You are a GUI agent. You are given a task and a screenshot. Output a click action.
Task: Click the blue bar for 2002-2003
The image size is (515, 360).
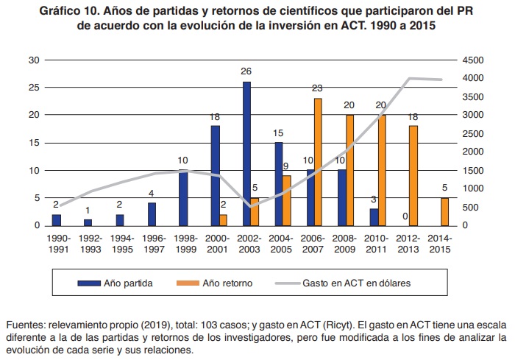(246, 153)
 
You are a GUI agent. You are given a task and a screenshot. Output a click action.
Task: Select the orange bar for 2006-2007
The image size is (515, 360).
(318, 161)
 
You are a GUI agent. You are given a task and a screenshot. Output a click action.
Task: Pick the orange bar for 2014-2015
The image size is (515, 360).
(444, 211)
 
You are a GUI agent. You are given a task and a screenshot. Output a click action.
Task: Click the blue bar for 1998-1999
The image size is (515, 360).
(183, 197)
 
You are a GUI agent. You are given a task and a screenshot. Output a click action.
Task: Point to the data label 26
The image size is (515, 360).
(246, 71)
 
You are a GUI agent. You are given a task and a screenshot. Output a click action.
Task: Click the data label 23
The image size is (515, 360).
(318, 88)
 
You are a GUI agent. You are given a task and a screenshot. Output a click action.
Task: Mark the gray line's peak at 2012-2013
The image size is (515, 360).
(409, 78)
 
